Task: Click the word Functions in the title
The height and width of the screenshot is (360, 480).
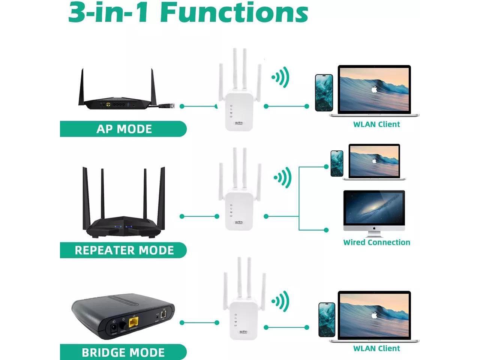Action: pyautogui.click(x=234, y=13)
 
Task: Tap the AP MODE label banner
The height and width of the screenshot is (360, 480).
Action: pyautogui.click(x=123, y=129)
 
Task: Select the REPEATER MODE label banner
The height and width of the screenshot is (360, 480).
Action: pyautogui.click(x=123, y=250)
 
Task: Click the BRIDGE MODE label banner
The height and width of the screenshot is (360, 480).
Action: pyautogui.click(x=123, y=352)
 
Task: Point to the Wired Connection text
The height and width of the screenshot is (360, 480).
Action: pyautogui.click(x=376, y=242)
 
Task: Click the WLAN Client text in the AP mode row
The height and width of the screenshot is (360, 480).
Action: pyautogui.click(x=376, y=124)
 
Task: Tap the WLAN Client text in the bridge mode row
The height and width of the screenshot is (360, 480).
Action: pyautogui.click(x=376, y=348)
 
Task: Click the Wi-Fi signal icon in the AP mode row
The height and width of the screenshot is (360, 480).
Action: pyautogui.click(x=281, y=78)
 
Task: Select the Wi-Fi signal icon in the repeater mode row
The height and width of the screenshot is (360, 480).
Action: pyautogui.click(x=283, y=177)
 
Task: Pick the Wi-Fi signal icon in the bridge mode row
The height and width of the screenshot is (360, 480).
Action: pyautogui.click(x=281, y=301)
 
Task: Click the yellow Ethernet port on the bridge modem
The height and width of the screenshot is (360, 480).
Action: pyautogui.click(x=133, y=322)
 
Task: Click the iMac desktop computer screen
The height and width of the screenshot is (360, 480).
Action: pyautogui.click(x=374, y=208)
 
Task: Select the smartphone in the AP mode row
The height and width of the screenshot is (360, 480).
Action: pyautogui.click(x=324, y=93)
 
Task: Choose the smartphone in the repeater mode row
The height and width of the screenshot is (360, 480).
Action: pyautogui.click(x=337, y=163)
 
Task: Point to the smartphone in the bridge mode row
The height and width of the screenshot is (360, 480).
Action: pyautogui.click(x=327, y=319)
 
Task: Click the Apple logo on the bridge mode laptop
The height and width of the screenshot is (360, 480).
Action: pyautogui.click(x=374, y=315)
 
